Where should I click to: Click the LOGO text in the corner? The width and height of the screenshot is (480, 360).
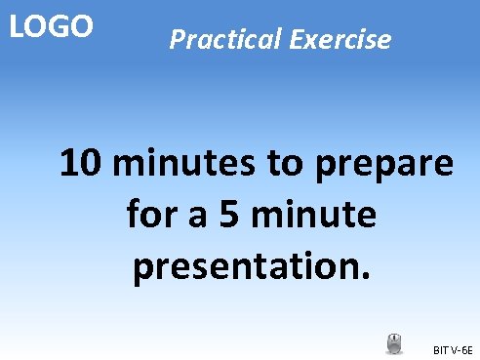click(x=52, y=26)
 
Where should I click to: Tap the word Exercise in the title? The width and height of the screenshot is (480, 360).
click(x=340, y=41)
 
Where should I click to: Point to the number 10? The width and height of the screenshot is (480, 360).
click(x=82, y=163)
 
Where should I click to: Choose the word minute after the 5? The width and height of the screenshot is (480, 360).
click(x=314, y=215)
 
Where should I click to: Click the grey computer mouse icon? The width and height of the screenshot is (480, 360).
click(x=394, y=343)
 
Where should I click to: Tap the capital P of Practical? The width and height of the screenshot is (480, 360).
click(x=177, y=41)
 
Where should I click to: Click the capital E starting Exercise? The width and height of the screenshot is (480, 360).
click(x=295, y=41)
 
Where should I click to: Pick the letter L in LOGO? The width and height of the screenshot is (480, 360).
click(x=15, y=26)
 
